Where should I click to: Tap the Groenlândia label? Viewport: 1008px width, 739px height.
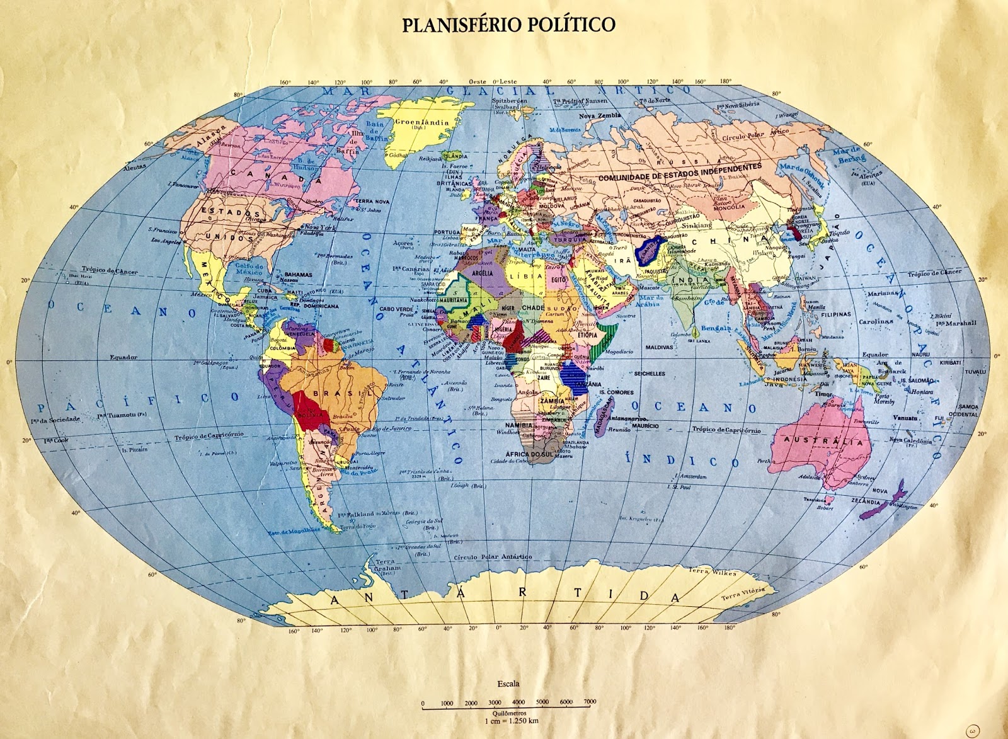tap(421, 123)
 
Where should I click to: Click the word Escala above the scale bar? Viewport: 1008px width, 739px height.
tap(508, 684)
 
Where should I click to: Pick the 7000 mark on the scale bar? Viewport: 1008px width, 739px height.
tap(590, 702)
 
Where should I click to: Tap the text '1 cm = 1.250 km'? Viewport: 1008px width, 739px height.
tap(511, 721)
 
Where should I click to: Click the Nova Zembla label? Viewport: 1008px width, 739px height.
tap(600, 116)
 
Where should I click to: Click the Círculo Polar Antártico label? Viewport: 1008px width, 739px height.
tap(493, 557)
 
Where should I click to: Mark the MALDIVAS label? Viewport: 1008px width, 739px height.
tap(659, 347)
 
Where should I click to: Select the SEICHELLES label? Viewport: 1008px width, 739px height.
tap(650, 374)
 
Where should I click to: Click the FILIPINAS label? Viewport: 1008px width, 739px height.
tap(836, 314)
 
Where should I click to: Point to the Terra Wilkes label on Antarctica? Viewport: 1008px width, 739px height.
tap(712, 572)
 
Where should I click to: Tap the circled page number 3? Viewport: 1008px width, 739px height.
tap(975, 730)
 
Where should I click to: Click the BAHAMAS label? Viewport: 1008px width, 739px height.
tap(298, 275)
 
